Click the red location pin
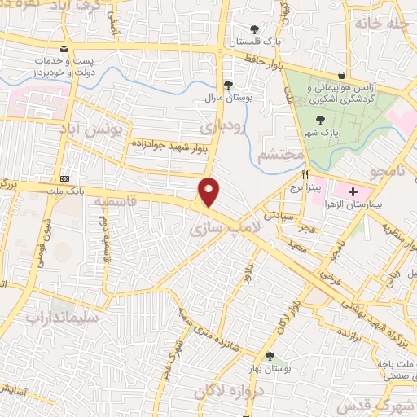[x=210, y=191]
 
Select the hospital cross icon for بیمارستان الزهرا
[x=352, y=193]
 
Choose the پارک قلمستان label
[x=253, y=42]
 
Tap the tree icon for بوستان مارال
[x=228, y=85]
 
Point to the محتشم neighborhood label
[x=280, y=155]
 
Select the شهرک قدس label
[x=387, y=399]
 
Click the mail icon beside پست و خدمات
[x=64, y=49]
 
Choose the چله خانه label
[x=383, y=24]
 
